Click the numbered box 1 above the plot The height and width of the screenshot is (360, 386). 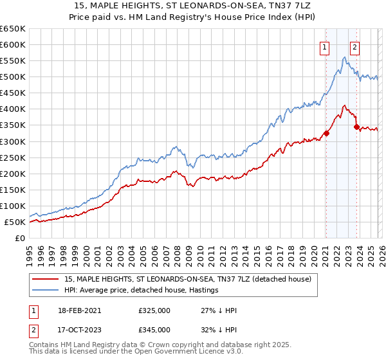pos(326,46)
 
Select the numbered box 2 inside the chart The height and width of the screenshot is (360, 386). pos(354,46)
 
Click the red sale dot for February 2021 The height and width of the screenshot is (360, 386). pos(326,134)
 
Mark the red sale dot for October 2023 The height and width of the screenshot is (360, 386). pos(356,127)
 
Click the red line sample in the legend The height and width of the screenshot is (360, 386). pos(46,279)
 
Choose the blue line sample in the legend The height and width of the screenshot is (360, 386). pos(46,291)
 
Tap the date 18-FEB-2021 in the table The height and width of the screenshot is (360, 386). pos(73,310)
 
